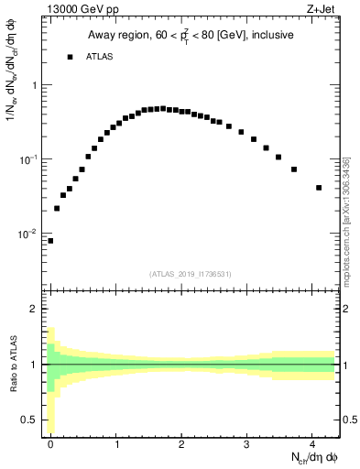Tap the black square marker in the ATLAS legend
pyautogui.click(x=69, y=57)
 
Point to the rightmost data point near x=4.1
pyautogui.click(x=319, y=188)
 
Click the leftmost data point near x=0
pyautogui.click(x=50, y=241)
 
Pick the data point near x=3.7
pyautogui.click(x=294, y=169)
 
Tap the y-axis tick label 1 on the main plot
pyautogui.click(x=34, y=85)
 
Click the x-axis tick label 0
pyautogui.click(x=51, y=444)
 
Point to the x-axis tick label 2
pyautogui.click(x=182, y=444)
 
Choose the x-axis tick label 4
pyautogui.click(x=312, y=444)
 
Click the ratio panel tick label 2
pyautogui.click(x=34, y=309)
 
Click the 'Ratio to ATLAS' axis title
pyautogui.click(x=12, y=364)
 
